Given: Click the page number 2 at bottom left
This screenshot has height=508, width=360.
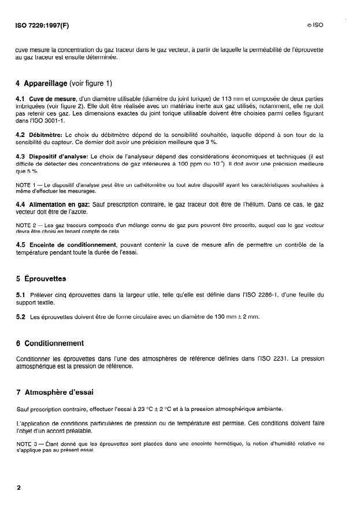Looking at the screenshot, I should [x=19, y=487].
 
